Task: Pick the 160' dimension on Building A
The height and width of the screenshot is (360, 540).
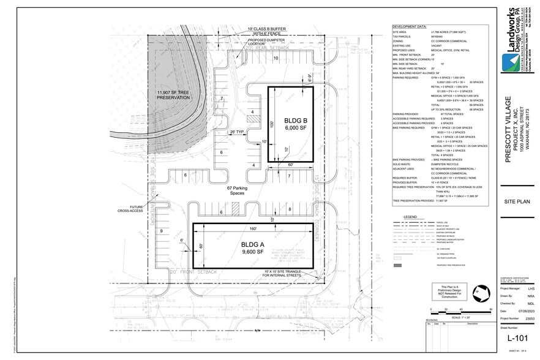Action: tap(252, 230)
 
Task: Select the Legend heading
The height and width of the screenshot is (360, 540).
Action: tap(410, 217)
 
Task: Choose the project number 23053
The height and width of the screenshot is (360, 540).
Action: tap(527, 318)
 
